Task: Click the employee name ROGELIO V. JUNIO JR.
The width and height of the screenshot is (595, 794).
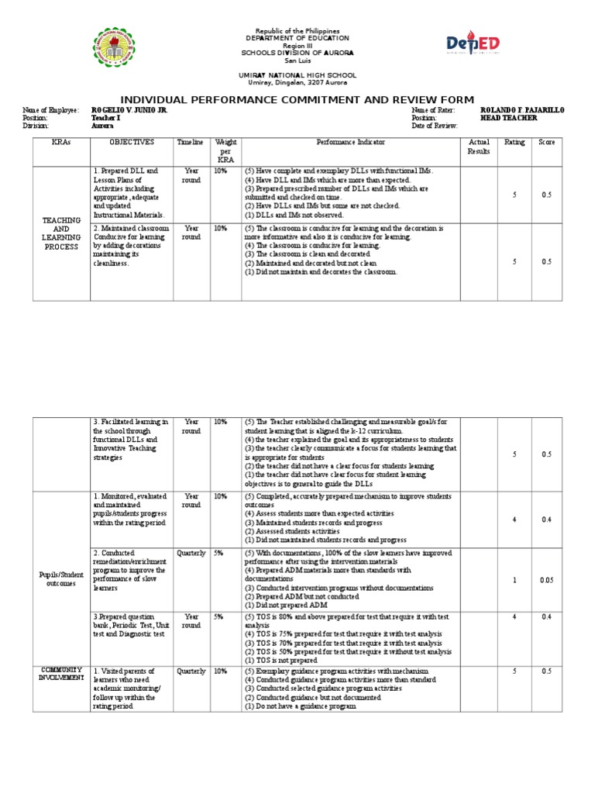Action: pos(129,111)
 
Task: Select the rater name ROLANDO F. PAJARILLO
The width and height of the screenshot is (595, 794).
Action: pos(523,111)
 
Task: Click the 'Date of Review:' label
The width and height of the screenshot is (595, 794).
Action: pos(435,125)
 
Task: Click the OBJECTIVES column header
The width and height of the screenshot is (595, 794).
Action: pos(132,143)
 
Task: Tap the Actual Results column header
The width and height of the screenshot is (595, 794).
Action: pos(479,147)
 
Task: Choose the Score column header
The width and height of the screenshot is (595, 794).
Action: pos(546,143)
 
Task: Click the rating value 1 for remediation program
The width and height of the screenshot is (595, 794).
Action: pos(514,579)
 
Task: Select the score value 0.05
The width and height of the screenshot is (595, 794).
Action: pos(546,579)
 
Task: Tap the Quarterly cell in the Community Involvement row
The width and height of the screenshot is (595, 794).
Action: pos(191,671)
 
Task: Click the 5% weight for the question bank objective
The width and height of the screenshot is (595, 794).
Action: pos(220,616)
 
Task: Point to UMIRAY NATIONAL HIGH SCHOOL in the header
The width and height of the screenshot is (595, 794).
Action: pos(297,75)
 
